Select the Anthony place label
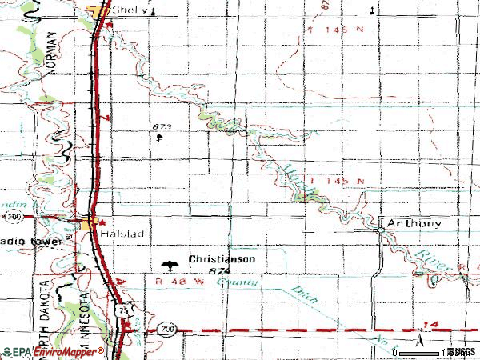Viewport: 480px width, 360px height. (x=414, y=223)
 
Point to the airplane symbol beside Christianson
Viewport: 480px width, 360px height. (x=170, y=264)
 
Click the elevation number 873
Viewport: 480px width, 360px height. (x=162, y=126)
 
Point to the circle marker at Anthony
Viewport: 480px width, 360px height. (x=381, y=229)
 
